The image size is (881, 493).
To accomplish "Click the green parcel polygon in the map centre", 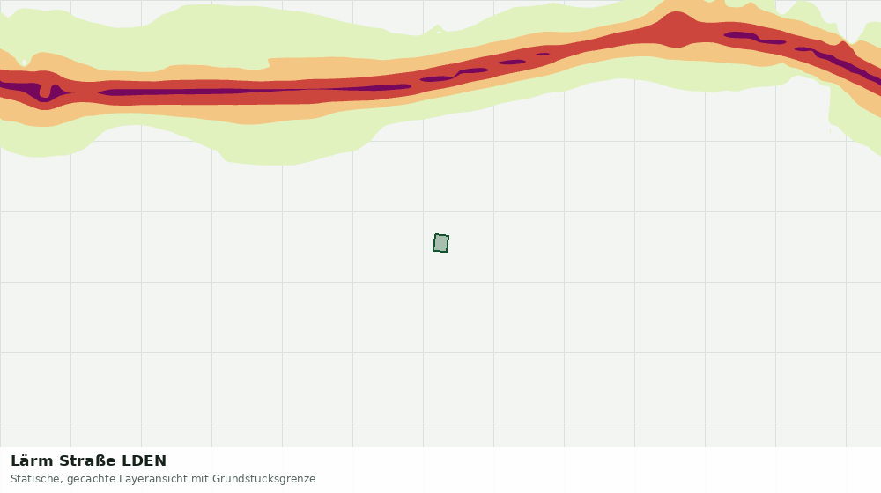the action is pyautogui.click(x=441, y=243).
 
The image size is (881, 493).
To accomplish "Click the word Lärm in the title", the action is pyautogui.click(x=32, y=461).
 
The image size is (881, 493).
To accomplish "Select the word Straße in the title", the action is pyautogui.click(x=87, y=461).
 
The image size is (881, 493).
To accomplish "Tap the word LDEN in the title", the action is pyautogui.click(x=144, y=461).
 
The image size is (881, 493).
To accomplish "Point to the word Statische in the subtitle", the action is pyautogui.click(x=36, y=479).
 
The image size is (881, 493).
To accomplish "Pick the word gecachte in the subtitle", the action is pyautogui.click(x=88, y=480).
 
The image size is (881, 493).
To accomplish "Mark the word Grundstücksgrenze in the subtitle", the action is pyautogui.click(x=263, y=480).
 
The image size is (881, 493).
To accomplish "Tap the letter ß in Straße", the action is pyautogui.click(x=100, y=461).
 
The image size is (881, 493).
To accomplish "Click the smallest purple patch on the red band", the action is pyautogui.click(x=543, y=54).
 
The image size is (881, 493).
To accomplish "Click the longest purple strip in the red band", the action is pyautogui.click(x=254, y=90).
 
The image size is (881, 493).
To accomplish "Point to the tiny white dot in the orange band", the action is pyautogui.click(x=24, y=63).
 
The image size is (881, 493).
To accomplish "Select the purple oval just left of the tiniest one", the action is pyautogui.click(x=512, y=62).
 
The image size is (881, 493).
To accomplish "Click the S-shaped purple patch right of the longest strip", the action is pyautogui.click(x=454, y=75).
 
